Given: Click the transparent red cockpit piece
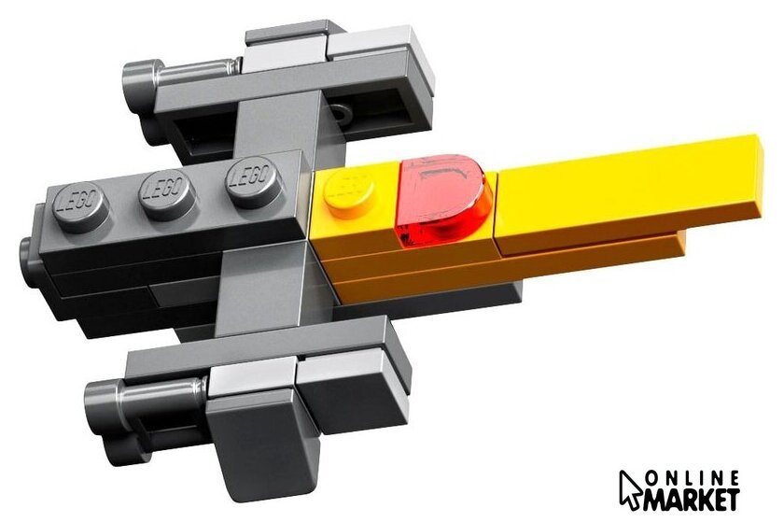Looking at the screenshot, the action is click(441, 200).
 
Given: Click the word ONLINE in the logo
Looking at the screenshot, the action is click(693, 479).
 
